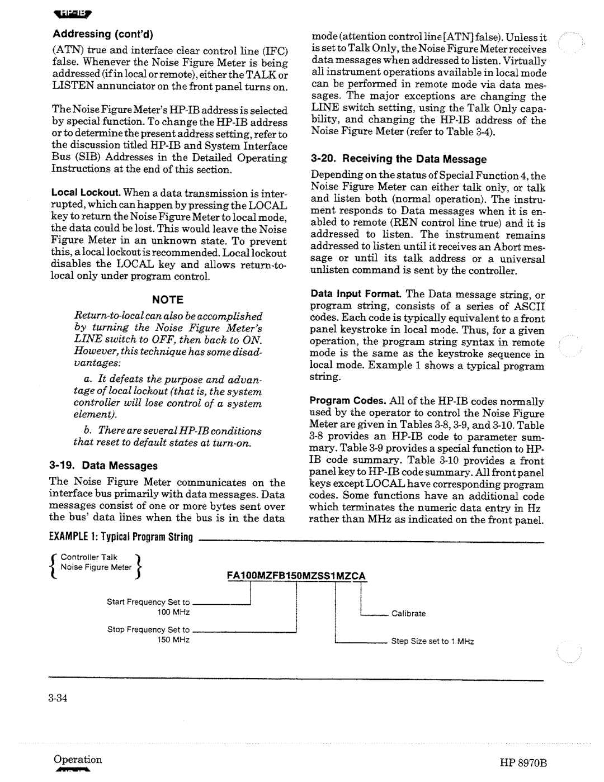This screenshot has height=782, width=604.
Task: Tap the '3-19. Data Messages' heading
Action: pyautogui.click(x=103, y=466)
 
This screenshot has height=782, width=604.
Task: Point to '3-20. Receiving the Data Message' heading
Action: pyautogui.click(x=398, y=159)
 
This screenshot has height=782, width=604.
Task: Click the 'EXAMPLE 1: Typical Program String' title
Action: pyautogui.click(x=120, y=538)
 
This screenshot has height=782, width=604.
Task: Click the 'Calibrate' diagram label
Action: pyautogui.click(x=408, y=614)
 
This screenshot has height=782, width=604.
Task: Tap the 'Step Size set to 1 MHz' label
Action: pyautogui.click(x=432, y=641)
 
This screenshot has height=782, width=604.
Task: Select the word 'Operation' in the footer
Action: pyautogui.click(x=78, y=760)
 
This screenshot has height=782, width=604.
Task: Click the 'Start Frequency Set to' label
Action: pyautogui.click(x=148, y=603)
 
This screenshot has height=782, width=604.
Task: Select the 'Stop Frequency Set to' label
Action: pyautogui.click(x=148, y=629)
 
